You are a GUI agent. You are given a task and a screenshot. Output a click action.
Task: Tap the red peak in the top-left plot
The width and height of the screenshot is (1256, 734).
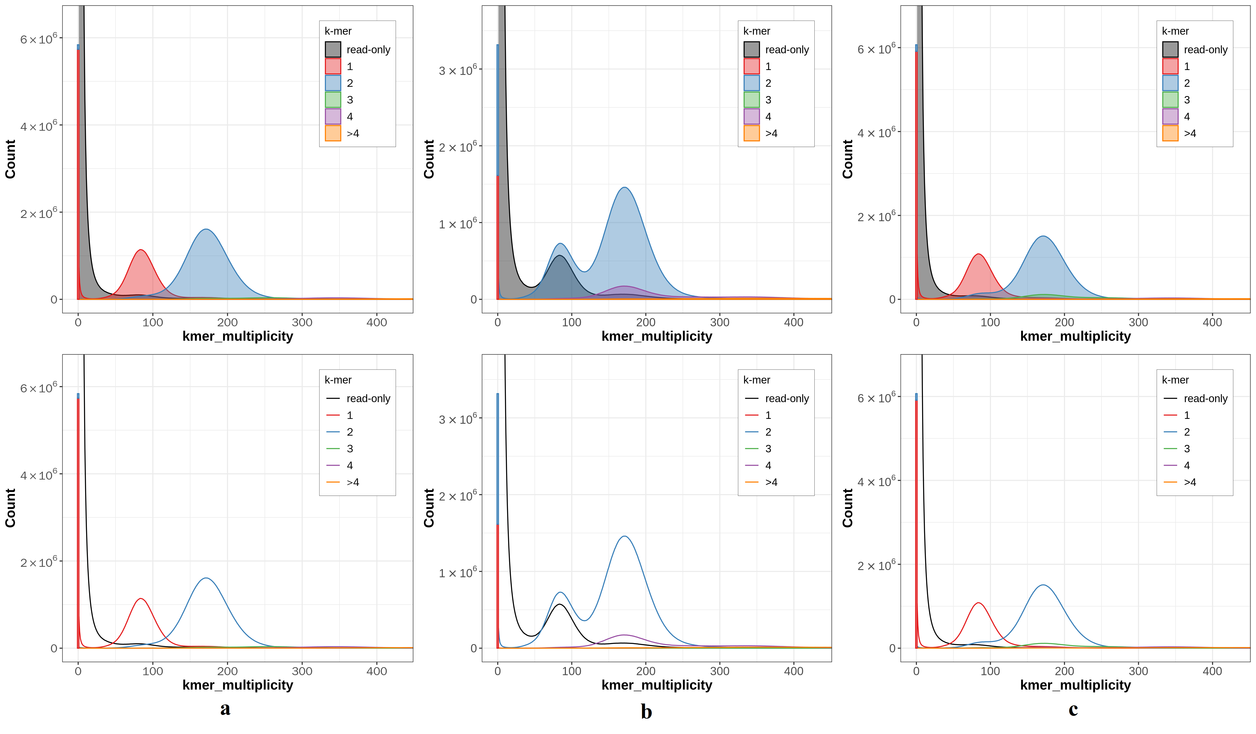coord(141,251)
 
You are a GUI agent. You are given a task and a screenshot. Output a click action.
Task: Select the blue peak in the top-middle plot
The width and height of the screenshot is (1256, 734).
coord(624,188)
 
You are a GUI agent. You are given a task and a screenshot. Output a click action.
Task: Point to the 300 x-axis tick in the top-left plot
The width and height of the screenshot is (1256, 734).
coord(302,322)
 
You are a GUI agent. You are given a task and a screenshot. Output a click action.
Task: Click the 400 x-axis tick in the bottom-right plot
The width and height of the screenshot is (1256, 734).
coord(1212,671)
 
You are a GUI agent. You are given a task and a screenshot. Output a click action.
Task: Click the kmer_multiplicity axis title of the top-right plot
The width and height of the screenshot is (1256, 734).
coord(1075,336)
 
